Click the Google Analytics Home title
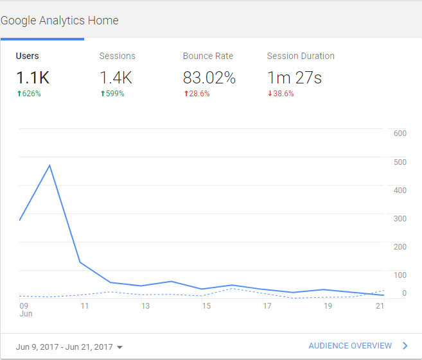coord(60,21)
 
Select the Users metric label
coord(27,56)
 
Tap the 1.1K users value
coord(33,78)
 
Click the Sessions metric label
coord(117,56)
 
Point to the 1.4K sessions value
coord(116,78)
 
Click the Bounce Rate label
coord(207,56)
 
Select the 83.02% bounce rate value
coord(209,78)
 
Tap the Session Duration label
coord(301,56)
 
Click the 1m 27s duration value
coord(294,78)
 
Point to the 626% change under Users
coord(30,94)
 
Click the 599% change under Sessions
coord(112,94)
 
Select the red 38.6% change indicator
coord(281,94)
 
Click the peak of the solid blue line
coord(50,166)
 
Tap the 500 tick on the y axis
coord(400,162)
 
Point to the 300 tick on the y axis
coord(400,218)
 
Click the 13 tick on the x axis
coord(146,306)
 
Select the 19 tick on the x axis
coord(328,306)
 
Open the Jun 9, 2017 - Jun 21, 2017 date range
coord(69,347)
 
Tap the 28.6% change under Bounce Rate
coord(198,94)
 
